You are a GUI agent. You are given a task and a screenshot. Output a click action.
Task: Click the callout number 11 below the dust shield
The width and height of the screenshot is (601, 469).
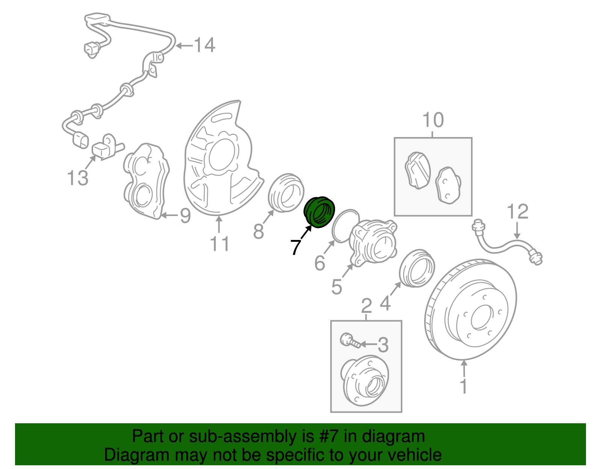(219, 244)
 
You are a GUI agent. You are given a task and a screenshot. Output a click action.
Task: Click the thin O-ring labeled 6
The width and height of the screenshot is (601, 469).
(345, 225)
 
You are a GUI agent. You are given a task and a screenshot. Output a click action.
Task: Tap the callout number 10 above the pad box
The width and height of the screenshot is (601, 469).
(433, 120)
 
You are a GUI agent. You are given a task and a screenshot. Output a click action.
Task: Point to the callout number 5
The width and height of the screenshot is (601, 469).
(337, 287)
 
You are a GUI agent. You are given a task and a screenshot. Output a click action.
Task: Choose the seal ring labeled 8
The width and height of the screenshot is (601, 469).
(286, 193)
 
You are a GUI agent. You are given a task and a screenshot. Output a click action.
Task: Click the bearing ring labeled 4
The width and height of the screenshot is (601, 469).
(416, 268)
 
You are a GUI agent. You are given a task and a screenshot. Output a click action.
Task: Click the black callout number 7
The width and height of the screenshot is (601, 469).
(296, 247)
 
